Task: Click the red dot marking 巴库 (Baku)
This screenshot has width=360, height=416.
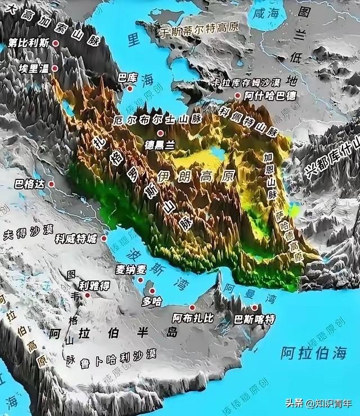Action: pos(130,88)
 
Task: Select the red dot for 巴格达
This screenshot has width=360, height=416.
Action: pos(51,183)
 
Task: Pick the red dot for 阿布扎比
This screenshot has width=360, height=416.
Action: pos(192,308)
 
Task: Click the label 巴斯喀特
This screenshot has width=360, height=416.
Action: pos(255,319)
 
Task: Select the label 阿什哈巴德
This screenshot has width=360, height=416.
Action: pos(269,96)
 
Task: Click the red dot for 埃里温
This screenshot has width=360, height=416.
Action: pos(56,67)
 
